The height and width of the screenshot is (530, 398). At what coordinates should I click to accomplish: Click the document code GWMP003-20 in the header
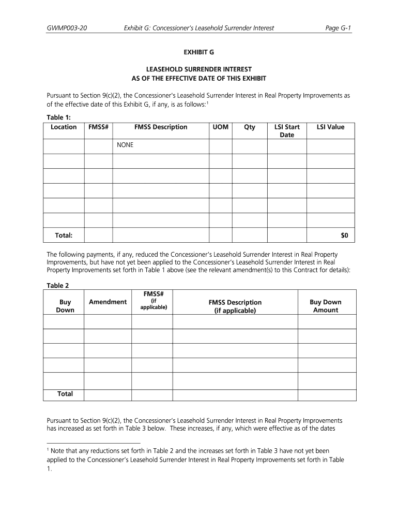pos(67,28)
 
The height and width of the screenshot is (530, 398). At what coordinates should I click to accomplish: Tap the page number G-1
pos(339,28)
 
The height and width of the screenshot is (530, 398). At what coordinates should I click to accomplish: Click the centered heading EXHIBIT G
pos(199,53)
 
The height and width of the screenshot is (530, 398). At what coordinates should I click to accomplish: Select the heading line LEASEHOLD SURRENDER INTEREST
pos(199,69)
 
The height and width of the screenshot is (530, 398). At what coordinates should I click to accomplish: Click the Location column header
pos(64,127)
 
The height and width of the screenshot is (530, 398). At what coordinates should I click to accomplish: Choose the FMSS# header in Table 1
pos(98,127)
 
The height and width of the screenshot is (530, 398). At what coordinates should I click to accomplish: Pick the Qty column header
pos(250,127)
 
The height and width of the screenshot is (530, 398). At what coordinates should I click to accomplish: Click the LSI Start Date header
pos(287,131)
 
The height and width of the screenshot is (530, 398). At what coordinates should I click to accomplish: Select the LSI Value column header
pos(330,127)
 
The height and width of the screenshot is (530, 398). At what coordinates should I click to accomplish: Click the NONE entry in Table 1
pos(125,145)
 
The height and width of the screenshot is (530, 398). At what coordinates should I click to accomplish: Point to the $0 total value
pos(345,235)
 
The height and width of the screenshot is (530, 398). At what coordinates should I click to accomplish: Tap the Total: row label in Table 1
pos(64,235)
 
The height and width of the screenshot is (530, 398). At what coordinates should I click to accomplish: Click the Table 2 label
pos(57,285)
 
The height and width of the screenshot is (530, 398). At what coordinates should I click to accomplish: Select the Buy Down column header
pos(65,306)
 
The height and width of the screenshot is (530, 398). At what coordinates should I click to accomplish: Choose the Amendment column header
pos(108,302)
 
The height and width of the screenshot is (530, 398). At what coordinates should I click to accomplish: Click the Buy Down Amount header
pos(325,306)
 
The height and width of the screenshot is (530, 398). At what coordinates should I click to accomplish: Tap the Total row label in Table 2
pos(65,394)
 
